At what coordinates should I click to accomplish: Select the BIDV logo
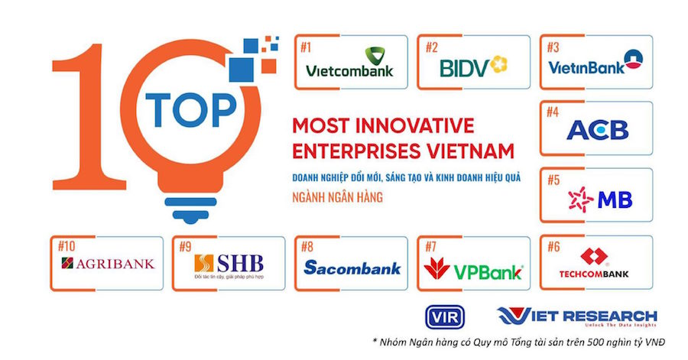tap(474, 66)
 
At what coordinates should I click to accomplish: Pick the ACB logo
tap(597, 130)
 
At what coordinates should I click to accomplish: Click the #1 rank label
tap(307, 47)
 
